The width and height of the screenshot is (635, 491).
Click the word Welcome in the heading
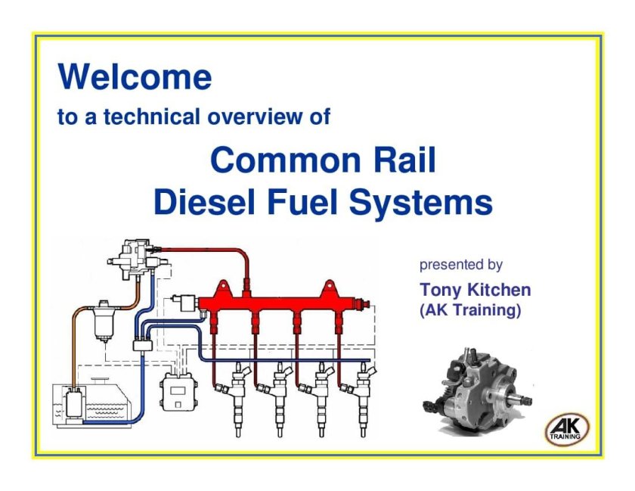135,77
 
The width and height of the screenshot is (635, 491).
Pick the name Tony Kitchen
475,290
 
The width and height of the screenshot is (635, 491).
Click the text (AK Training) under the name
469,310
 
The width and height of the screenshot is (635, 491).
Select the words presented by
460,265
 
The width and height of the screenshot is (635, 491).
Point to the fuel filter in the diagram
100,322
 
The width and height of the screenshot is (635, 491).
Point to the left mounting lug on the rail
224,287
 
